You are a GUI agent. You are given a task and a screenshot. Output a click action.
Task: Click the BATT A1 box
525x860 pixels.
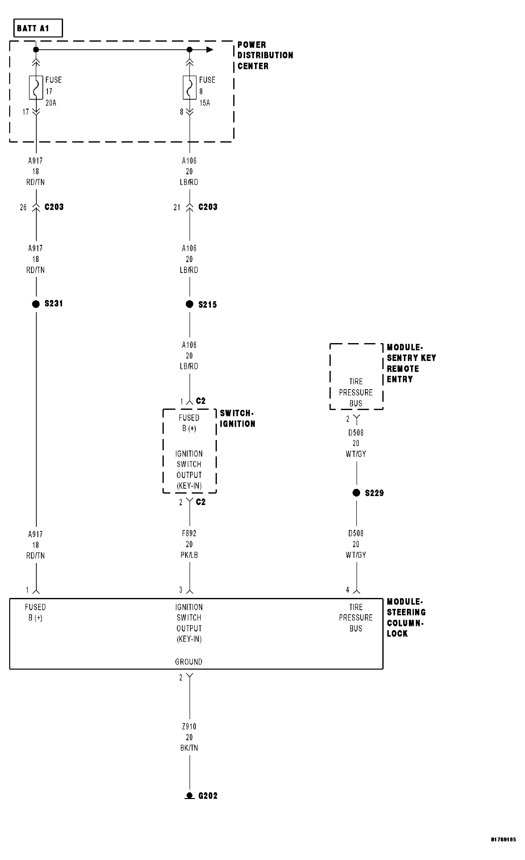tap(38, 28)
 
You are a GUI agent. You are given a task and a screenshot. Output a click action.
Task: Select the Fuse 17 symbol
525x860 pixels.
tap(36, 87)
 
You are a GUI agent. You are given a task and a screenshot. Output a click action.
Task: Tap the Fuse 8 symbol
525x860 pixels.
tap(190, 87)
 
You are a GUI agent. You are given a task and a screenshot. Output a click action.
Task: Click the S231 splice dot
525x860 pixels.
tap(36, 304)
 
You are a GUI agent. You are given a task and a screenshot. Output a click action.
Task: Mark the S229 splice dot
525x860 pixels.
tap(356, 493)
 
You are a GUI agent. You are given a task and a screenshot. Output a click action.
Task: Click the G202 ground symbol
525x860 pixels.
tap(190, 796)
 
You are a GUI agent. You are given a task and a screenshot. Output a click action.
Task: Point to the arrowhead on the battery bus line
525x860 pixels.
tap(210, 50)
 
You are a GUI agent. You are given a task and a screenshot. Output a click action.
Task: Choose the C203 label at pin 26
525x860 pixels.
tap(54, 207)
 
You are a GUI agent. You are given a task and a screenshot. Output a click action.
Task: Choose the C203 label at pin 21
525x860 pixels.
tap(208, 207)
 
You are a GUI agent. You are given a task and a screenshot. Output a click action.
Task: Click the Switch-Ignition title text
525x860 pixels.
tap(237, 418)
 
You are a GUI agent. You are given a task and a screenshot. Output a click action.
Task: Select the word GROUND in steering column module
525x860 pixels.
tap(189, 662)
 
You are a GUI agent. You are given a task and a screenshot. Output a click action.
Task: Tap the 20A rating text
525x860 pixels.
tap(51, 103)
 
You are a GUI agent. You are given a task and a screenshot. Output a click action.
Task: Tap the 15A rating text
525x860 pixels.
tap(205, 103)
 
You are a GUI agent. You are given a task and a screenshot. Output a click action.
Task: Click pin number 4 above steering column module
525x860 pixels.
tap(348, 590)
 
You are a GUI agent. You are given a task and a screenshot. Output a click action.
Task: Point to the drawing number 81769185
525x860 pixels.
tap(503, 840)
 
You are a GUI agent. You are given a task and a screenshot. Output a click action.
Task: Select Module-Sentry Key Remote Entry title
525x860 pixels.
tap(411, 363)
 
